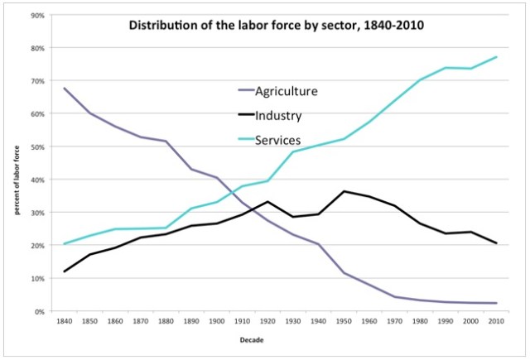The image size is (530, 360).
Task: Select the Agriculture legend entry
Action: coord(276,90)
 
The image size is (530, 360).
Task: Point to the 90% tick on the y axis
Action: coord(36,15)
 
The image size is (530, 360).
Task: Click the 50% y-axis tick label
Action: coord(36,146)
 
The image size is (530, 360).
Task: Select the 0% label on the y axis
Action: coord(39,311)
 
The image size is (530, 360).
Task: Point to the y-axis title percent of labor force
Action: coord(17,178)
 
